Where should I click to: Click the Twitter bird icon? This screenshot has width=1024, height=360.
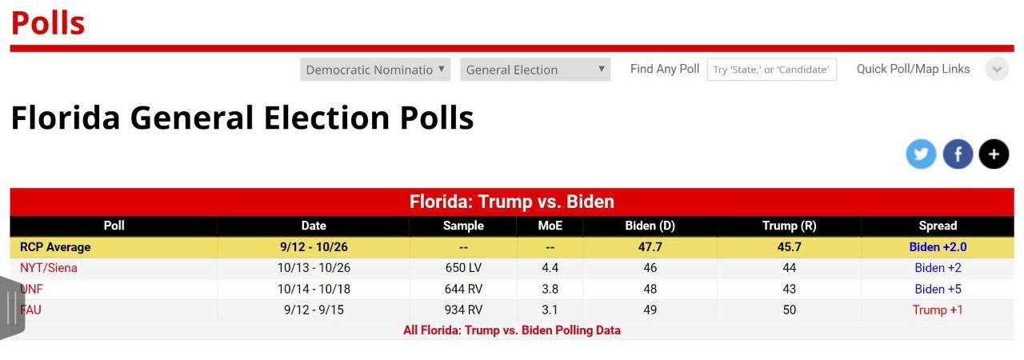[921, 154]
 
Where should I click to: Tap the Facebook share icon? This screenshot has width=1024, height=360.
[958, 154]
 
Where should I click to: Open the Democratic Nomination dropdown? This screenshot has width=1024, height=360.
[375, 70]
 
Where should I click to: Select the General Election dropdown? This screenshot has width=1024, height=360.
[535, 70]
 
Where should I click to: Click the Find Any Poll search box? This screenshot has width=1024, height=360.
[771, 70]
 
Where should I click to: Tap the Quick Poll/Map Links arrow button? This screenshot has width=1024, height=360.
[996, 70]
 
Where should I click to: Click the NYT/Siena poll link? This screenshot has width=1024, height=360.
[49, 268]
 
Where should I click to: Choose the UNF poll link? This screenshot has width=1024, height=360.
[32, 289]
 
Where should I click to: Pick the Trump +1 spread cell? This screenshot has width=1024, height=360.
[938, 310]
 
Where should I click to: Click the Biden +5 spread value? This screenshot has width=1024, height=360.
[938, 289]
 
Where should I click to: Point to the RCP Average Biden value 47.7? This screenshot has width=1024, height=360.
[650, 247]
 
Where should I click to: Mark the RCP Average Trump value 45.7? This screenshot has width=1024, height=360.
[789, 247]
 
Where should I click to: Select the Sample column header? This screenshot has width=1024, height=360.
[463, 226]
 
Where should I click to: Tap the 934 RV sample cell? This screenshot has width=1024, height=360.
[463, 310]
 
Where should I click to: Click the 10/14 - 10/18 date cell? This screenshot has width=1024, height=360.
[313, 289]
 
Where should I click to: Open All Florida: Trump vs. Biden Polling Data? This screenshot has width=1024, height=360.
[512, 330]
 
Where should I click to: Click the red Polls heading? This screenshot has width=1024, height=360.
[48, 22]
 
